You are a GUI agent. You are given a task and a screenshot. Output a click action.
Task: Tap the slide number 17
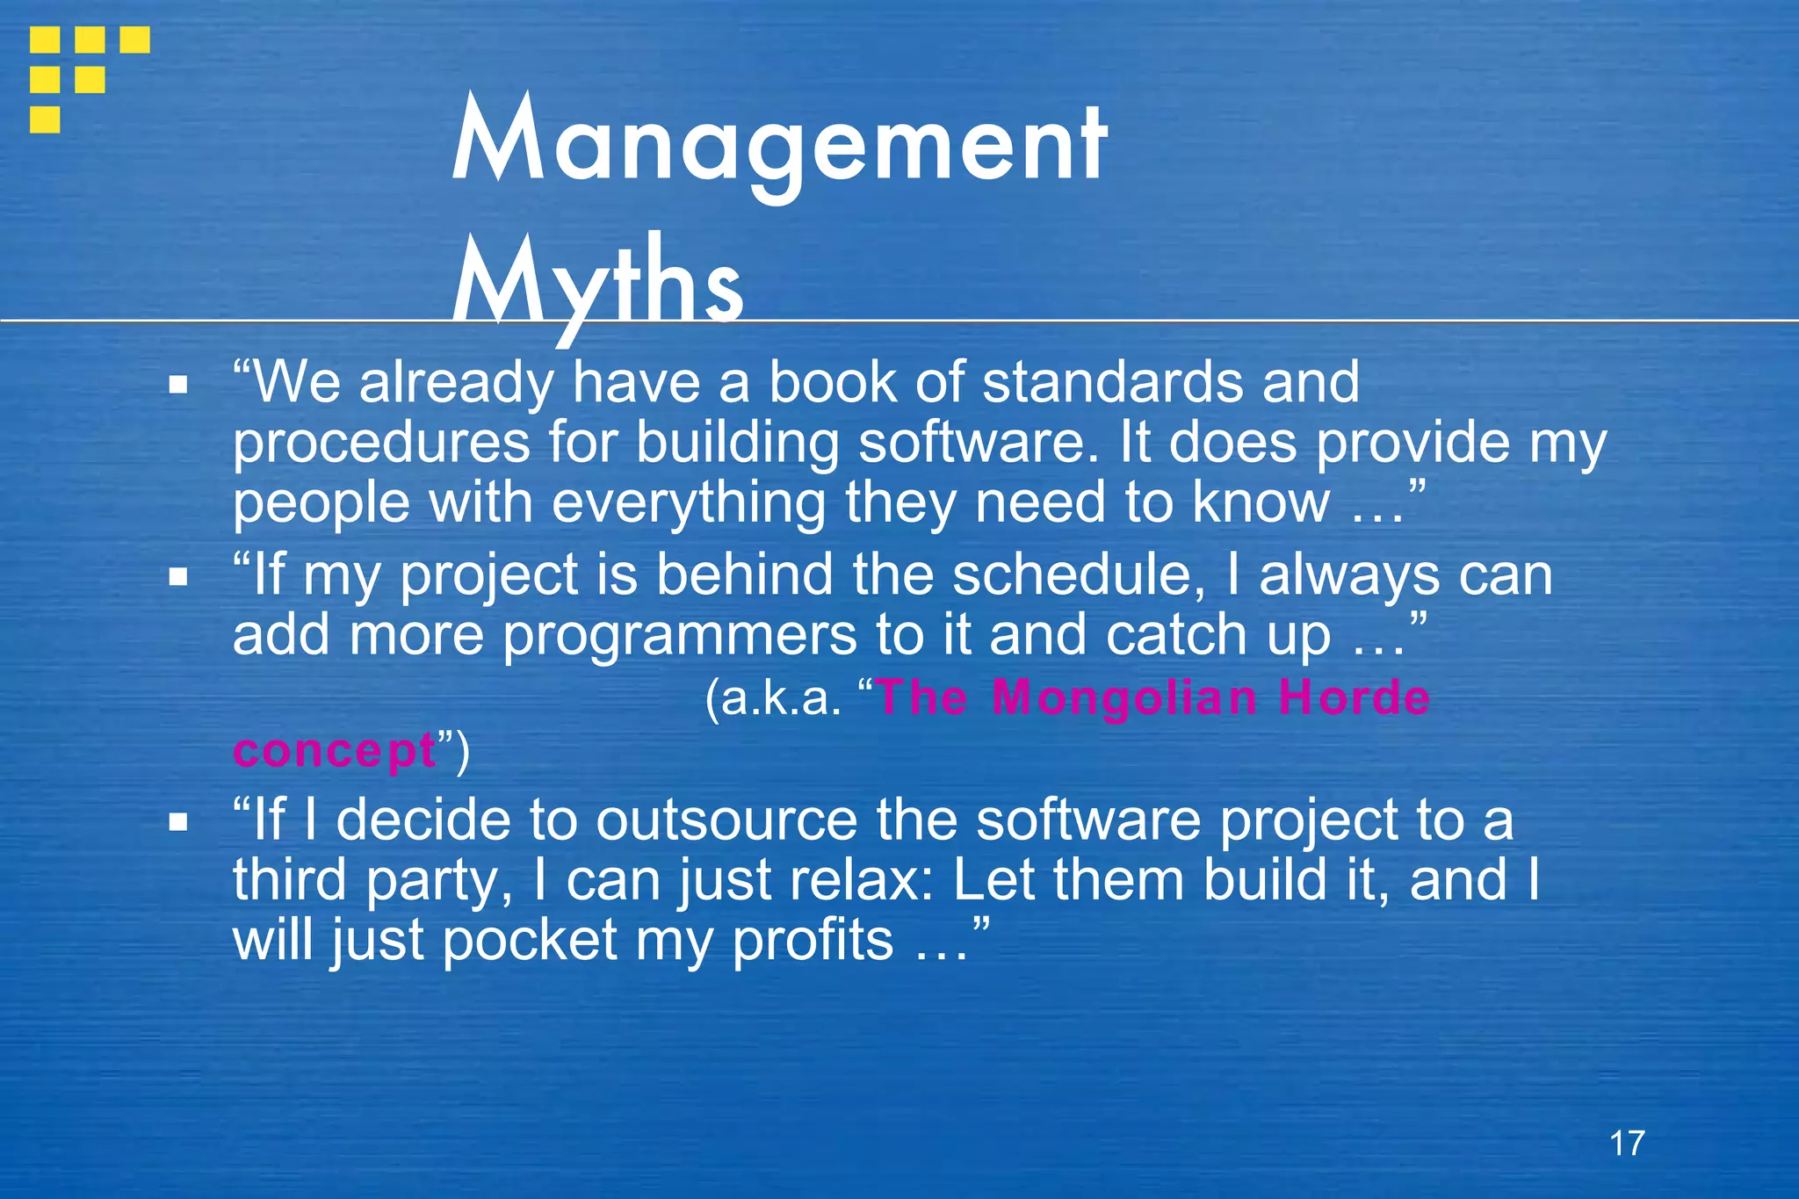point(1627,1143)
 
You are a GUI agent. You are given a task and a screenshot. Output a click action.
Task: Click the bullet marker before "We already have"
point(179,385)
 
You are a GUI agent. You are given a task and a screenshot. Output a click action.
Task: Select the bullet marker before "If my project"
point(179,577)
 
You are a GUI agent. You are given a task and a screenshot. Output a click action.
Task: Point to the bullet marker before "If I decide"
point(179,822)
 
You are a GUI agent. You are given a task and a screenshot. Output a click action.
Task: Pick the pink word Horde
point(1354,698)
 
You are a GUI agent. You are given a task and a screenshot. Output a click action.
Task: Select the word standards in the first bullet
point(1112,383)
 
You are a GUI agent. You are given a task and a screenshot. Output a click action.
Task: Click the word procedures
point(380,444)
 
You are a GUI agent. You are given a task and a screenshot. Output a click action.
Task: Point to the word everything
point(689,504)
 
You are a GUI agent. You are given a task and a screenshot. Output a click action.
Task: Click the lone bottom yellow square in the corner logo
point(45,119)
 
